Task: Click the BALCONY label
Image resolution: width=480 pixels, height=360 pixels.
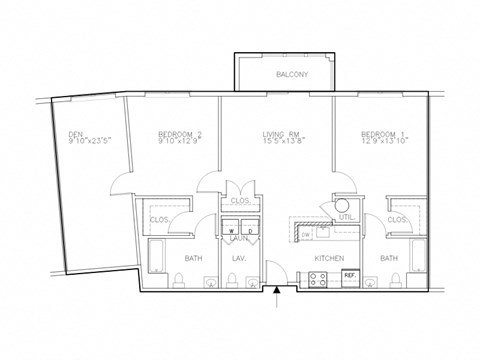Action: [x=292, y=75]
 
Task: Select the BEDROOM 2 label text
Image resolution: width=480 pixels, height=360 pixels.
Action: [x=179, y=134]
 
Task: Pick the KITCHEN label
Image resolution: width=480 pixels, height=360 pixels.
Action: [x=330, y=258]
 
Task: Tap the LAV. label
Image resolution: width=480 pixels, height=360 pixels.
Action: [x=239, y=258]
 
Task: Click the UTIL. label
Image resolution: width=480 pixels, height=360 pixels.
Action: [x=349, y=215]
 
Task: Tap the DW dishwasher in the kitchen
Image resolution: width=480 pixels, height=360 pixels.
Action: [x=305, y=235]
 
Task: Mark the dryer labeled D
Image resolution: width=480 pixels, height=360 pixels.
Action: [x=250, y=229]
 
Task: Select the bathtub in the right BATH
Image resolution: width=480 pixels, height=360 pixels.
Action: [x=419, y=258]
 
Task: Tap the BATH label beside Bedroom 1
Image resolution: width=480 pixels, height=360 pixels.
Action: [x=389, y=258]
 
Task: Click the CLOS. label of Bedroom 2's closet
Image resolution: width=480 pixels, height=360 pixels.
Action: [x=158, y=219]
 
